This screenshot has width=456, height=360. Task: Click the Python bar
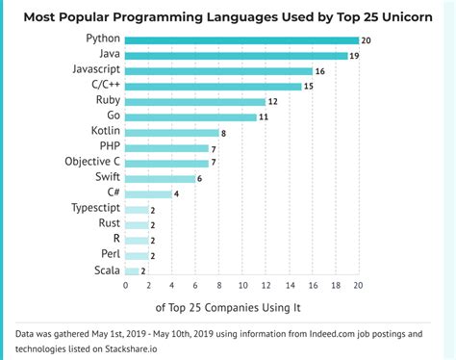241,40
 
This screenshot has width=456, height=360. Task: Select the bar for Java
235,56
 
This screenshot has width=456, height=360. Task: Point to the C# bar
148,193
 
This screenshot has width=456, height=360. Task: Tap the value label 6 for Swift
201,179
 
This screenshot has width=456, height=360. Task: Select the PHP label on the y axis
107,147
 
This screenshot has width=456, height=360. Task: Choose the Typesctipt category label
95,209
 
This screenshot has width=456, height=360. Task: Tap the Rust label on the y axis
108,224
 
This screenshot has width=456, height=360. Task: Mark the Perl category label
109,255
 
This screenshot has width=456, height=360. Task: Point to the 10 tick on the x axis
241,286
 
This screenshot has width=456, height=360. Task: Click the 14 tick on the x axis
289,286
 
